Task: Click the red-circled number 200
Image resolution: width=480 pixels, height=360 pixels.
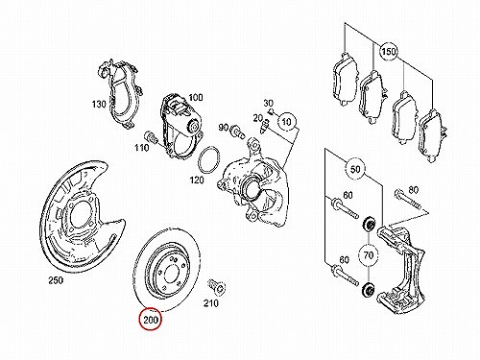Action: coord(150,320)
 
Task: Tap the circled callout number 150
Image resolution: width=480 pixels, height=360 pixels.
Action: coord(389,51)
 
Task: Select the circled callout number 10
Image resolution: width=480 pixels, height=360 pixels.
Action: coord(287,122)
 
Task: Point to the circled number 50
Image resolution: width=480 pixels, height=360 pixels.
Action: coord(355,169)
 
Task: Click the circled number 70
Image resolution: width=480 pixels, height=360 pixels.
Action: coord(369,255)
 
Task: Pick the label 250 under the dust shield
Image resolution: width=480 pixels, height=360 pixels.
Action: coord(56,280)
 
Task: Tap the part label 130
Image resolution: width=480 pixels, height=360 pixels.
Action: coord(99,105)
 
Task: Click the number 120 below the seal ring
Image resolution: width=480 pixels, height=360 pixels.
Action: coord(197,180)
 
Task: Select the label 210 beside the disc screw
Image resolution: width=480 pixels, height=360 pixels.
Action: coord(211,302)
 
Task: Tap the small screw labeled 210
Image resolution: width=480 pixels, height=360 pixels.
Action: coord(217,286)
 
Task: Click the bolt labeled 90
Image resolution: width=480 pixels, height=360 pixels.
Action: coord(236,132)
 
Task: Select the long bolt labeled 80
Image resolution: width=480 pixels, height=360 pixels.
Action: coord(409,201)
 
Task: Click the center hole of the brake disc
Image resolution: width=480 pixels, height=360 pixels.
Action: coord(170,275)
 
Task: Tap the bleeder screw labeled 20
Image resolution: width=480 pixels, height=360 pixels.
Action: coord(265,126)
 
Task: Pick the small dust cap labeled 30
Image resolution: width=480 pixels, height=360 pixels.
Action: coord(271,111)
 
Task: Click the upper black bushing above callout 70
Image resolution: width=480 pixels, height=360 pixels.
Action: coord(369,224)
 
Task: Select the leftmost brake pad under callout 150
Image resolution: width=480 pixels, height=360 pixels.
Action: coord(345,79)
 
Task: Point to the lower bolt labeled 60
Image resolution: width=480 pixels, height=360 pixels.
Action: coord(345,276)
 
